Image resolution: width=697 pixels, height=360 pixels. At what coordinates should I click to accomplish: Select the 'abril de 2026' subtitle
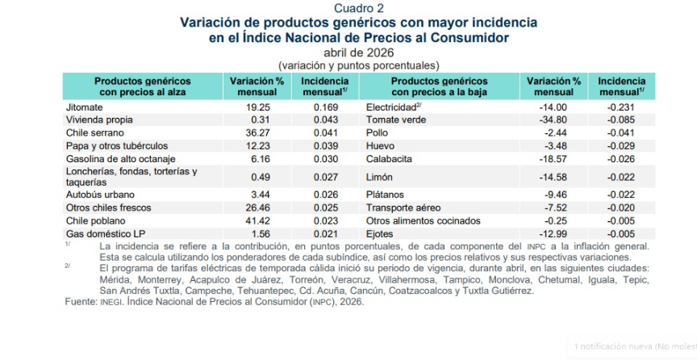coord(359,52)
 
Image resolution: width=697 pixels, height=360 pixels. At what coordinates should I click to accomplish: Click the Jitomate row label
coord(85,107)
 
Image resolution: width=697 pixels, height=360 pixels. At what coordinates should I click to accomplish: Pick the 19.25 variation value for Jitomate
coord(258,107)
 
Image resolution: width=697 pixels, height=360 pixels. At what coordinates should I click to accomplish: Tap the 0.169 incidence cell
coord(326,107)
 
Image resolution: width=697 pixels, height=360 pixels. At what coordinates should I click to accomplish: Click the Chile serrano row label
coord(94,133)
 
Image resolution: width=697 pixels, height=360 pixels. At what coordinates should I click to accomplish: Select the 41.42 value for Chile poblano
coord(258,220)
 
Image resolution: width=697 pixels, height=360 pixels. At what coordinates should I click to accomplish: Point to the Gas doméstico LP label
coord(106,234)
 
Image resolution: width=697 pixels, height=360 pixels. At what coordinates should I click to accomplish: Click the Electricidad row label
coord(394,107)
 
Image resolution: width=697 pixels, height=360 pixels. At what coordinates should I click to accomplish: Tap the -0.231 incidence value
coord(620,107)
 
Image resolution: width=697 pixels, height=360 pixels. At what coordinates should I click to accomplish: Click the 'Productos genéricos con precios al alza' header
coord(142,87)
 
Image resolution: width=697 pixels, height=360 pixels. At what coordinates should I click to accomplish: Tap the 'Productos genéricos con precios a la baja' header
coord(439,87)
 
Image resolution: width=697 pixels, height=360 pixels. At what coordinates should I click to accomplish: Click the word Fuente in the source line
coord(81,302)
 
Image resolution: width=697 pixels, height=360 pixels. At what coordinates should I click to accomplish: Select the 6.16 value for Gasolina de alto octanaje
coord(261,159)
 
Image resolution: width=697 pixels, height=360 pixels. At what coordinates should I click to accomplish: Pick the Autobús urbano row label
coord(100,195)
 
